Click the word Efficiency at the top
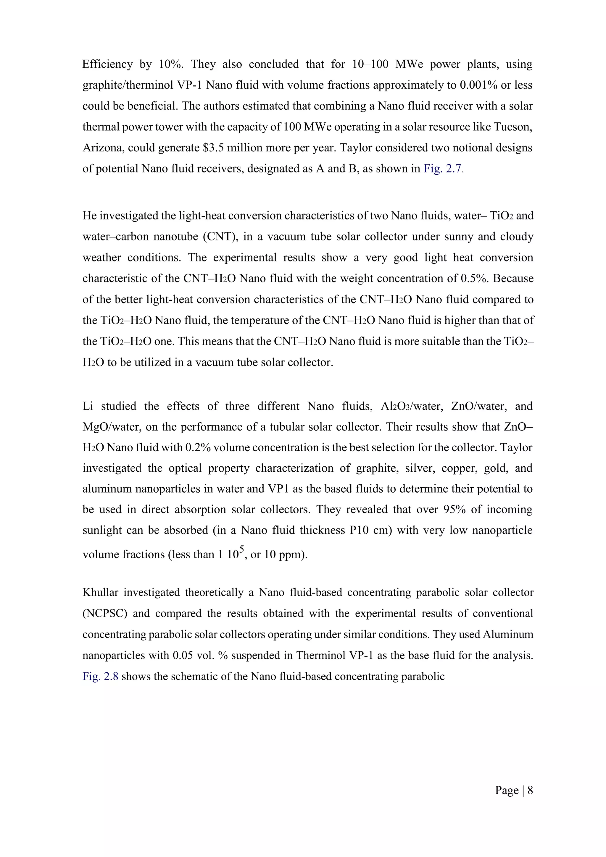coord(107,64)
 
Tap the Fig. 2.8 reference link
coord(100,676)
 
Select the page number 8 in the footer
coord(530,790)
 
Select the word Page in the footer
coord(507,790)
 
